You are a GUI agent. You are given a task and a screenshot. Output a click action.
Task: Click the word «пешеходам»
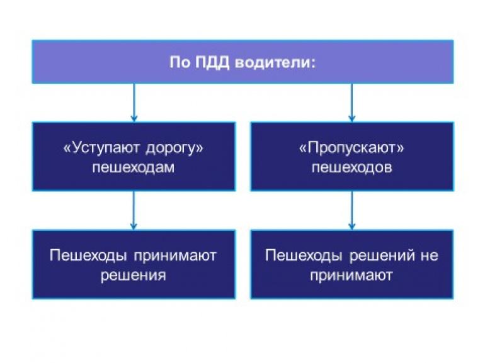click(x=133, y=169)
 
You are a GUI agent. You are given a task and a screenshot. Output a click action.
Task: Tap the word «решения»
click(x=133, y=275)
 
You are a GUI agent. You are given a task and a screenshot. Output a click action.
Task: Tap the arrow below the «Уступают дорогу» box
click(x=134, y=210)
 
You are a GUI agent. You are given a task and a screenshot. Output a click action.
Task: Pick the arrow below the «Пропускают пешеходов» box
click(x=351, y=210)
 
